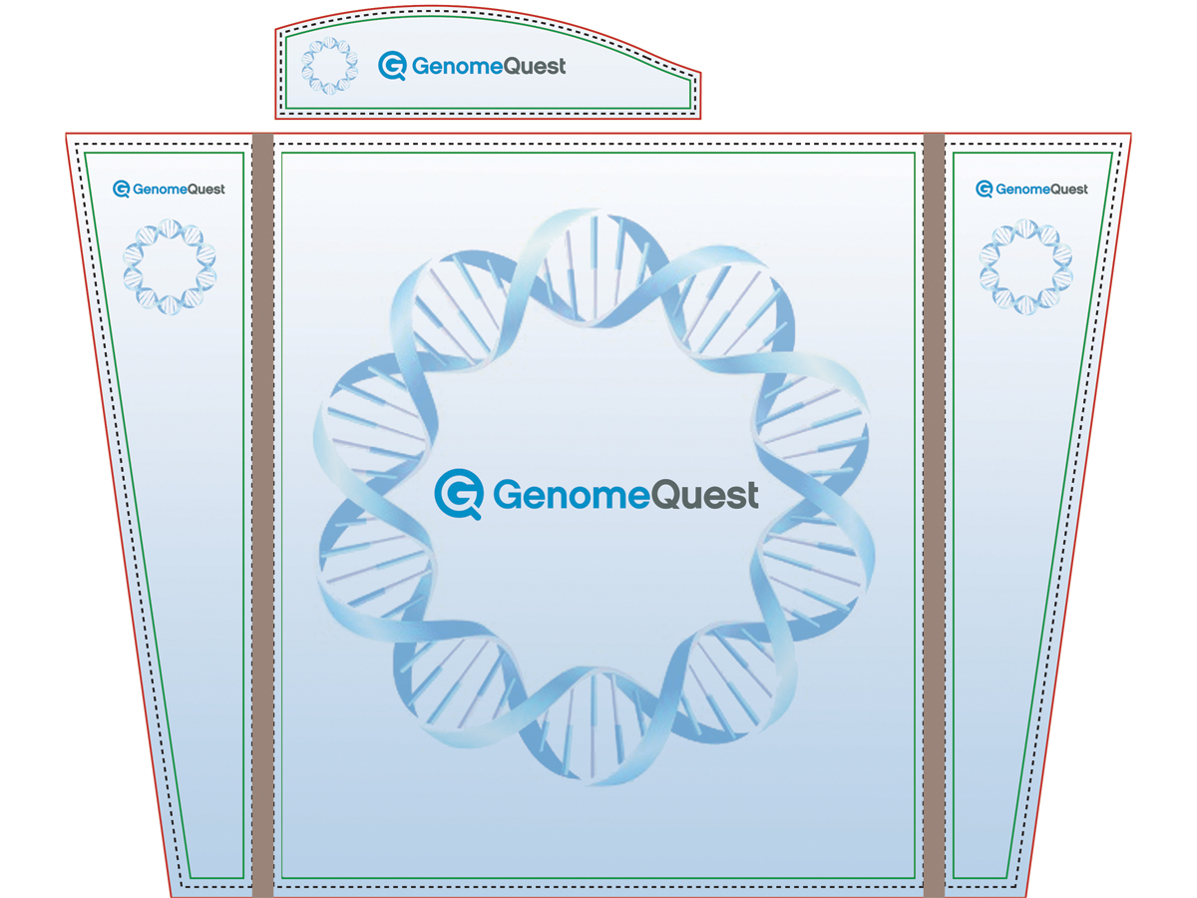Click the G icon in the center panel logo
pyautogui.click(x=458, y=494)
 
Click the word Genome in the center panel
pyautogui.click(x=560, y=495)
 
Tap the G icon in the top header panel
pyautogui.click(x=392, y=66)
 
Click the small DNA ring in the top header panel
pyautogui.click(x=329, y=65)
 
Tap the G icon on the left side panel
pyautogui.click(x=122, y=189)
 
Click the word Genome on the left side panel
pyautogui.click(x=161, y=190)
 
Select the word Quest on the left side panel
pyautogui.click(x=206, y=190)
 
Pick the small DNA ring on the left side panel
pyautogui.click(x=170, y=266)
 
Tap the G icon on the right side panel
pyautogui.click(x=985, y=189)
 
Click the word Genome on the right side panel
pyautogui.click(x=1023, y=190)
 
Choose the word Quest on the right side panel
pyautogui.click(x=1069, y=190)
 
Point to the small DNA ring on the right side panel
pyautogui.click(x=1025, y=266)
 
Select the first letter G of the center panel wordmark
pyautogui.click(x=508, y=495)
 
